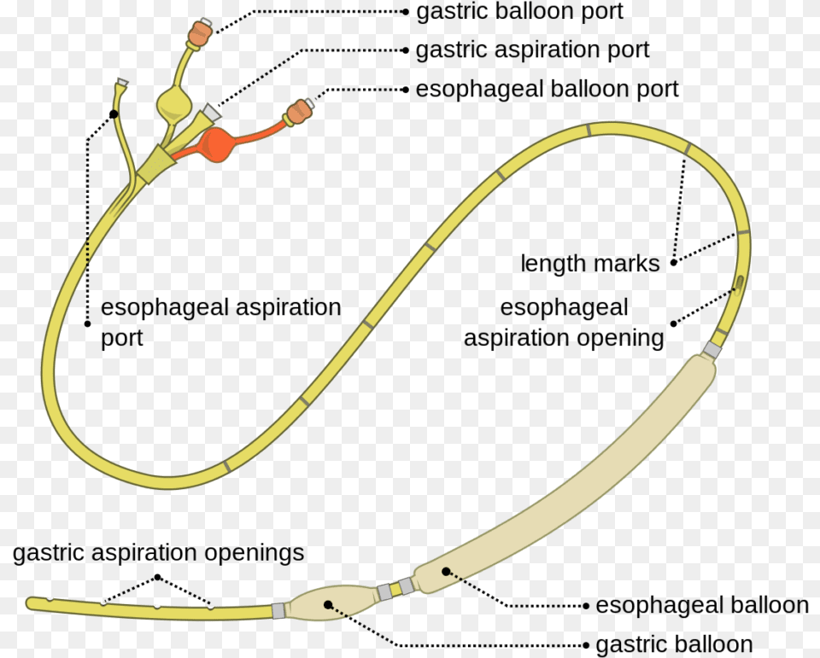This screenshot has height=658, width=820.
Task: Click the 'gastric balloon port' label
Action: tap(519, 12)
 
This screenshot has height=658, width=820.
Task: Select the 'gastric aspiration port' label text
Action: tap(532, 50)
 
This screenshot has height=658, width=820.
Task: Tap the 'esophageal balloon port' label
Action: tap(547, 89)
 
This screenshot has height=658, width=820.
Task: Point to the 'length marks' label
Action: tap(590, 264)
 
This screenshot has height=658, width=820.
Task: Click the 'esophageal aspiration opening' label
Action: tap(564, 323)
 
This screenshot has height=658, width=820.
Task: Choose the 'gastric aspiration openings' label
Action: tap(158, 553)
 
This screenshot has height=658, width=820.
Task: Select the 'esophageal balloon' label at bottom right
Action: tap(701, 605)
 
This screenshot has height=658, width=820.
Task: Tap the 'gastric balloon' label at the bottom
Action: tap(674, 644)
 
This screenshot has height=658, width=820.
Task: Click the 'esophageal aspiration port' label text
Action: tap(220, 322)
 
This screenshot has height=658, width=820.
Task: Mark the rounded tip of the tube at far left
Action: tap(32, 603)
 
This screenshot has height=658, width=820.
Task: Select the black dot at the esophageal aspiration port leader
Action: tap(114, 113)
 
